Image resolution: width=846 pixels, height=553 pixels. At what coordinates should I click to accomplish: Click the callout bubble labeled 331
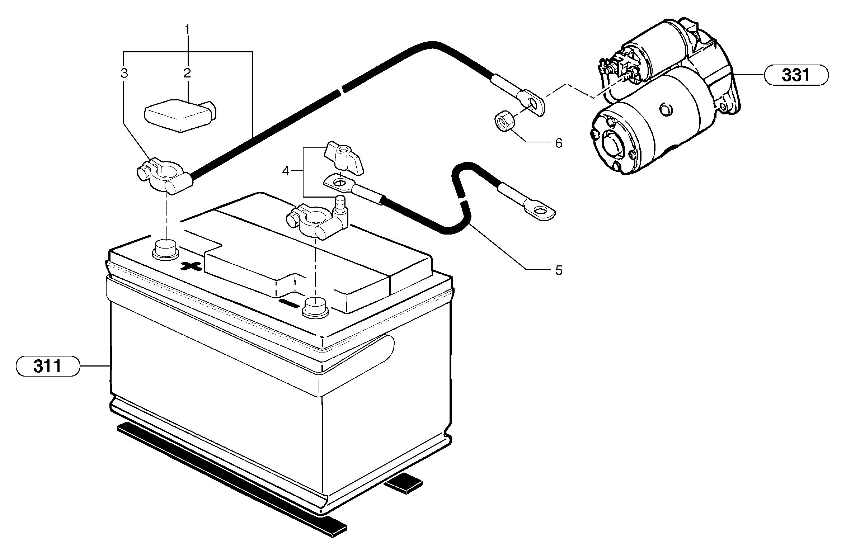[x=796, y=75]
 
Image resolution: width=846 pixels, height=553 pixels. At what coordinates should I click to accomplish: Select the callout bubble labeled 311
[x=47, y=366]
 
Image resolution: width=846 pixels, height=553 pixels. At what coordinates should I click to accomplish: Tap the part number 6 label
[x=559, y=143]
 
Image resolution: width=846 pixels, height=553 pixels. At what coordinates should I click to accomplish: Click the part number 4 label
[x=285, y=171]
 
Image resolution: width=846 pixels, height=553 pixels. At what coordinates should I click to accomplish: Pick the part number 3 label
[x=124, y=74]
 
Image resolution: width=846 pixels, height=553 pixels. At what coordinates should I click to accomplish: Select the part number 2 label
[x=187, y=74]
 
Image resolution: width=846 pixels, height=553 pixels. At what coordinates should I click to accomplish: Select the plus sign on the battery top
[x=191, y=266]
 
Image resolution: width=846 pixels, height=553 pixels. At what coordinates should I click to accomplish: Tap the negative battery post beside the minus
[x=316, y=307]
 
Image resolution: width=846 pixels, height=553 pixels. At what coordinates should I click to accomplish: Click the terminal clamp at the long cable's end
[x=163, y=175]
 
